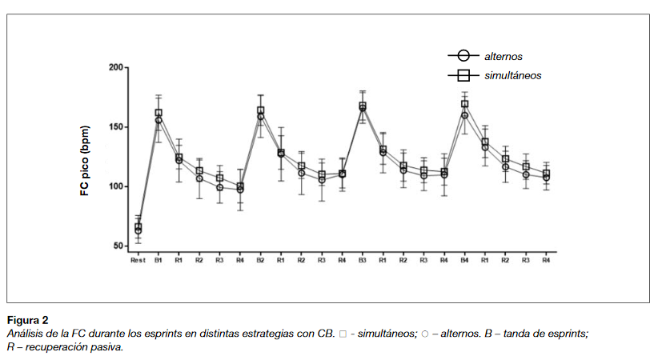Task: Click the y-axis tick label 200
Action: pos(115,68)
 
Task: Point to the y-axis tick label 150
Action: pos(115,127)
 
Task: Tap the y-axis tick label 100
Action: pos(115,186)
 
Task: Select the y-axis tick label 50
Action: pos(118,246)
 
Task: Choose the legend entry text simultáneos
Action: pos(512,75)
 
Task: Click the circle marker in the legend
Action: pos(462,56)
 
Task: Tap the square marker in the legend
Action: pos(462,75)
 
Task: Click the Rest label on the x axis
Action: pos(138,260)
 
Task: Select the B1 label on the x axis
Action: pos(158,260)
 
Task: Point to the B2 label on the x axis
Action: pos(260,260)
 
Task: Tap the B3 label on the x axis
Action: pos(363,260)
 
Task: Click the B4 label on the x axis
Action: pos(464,260)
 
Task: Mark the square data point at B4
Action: pos(464,104)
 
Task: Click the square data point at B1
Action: pos(158,114)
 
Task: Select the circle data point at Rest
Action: pos(138,230)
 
